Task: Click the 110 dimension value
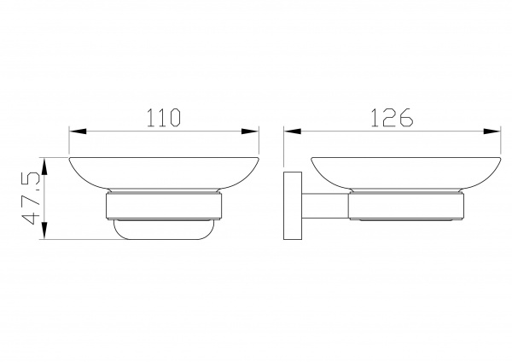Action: click(x=164, y=118)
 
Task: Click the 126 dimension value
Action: click(x=393, y=117)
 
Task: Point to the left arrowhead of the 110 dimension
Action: click(x=78, y=131)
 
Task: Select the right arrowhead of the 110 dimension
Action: click(x=250, y=131)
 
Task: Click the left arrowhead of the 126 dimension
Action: click(x=293, y=131)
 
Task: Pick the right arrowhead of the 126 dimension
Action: click(x=492, y=131)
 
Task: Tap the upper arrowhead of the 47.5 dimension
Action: click(x=44, y=166)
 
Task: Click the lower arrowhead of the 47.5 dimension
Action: click(x=44, y=231)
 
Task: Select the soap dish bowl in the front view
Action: click(x=164, y=173)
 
